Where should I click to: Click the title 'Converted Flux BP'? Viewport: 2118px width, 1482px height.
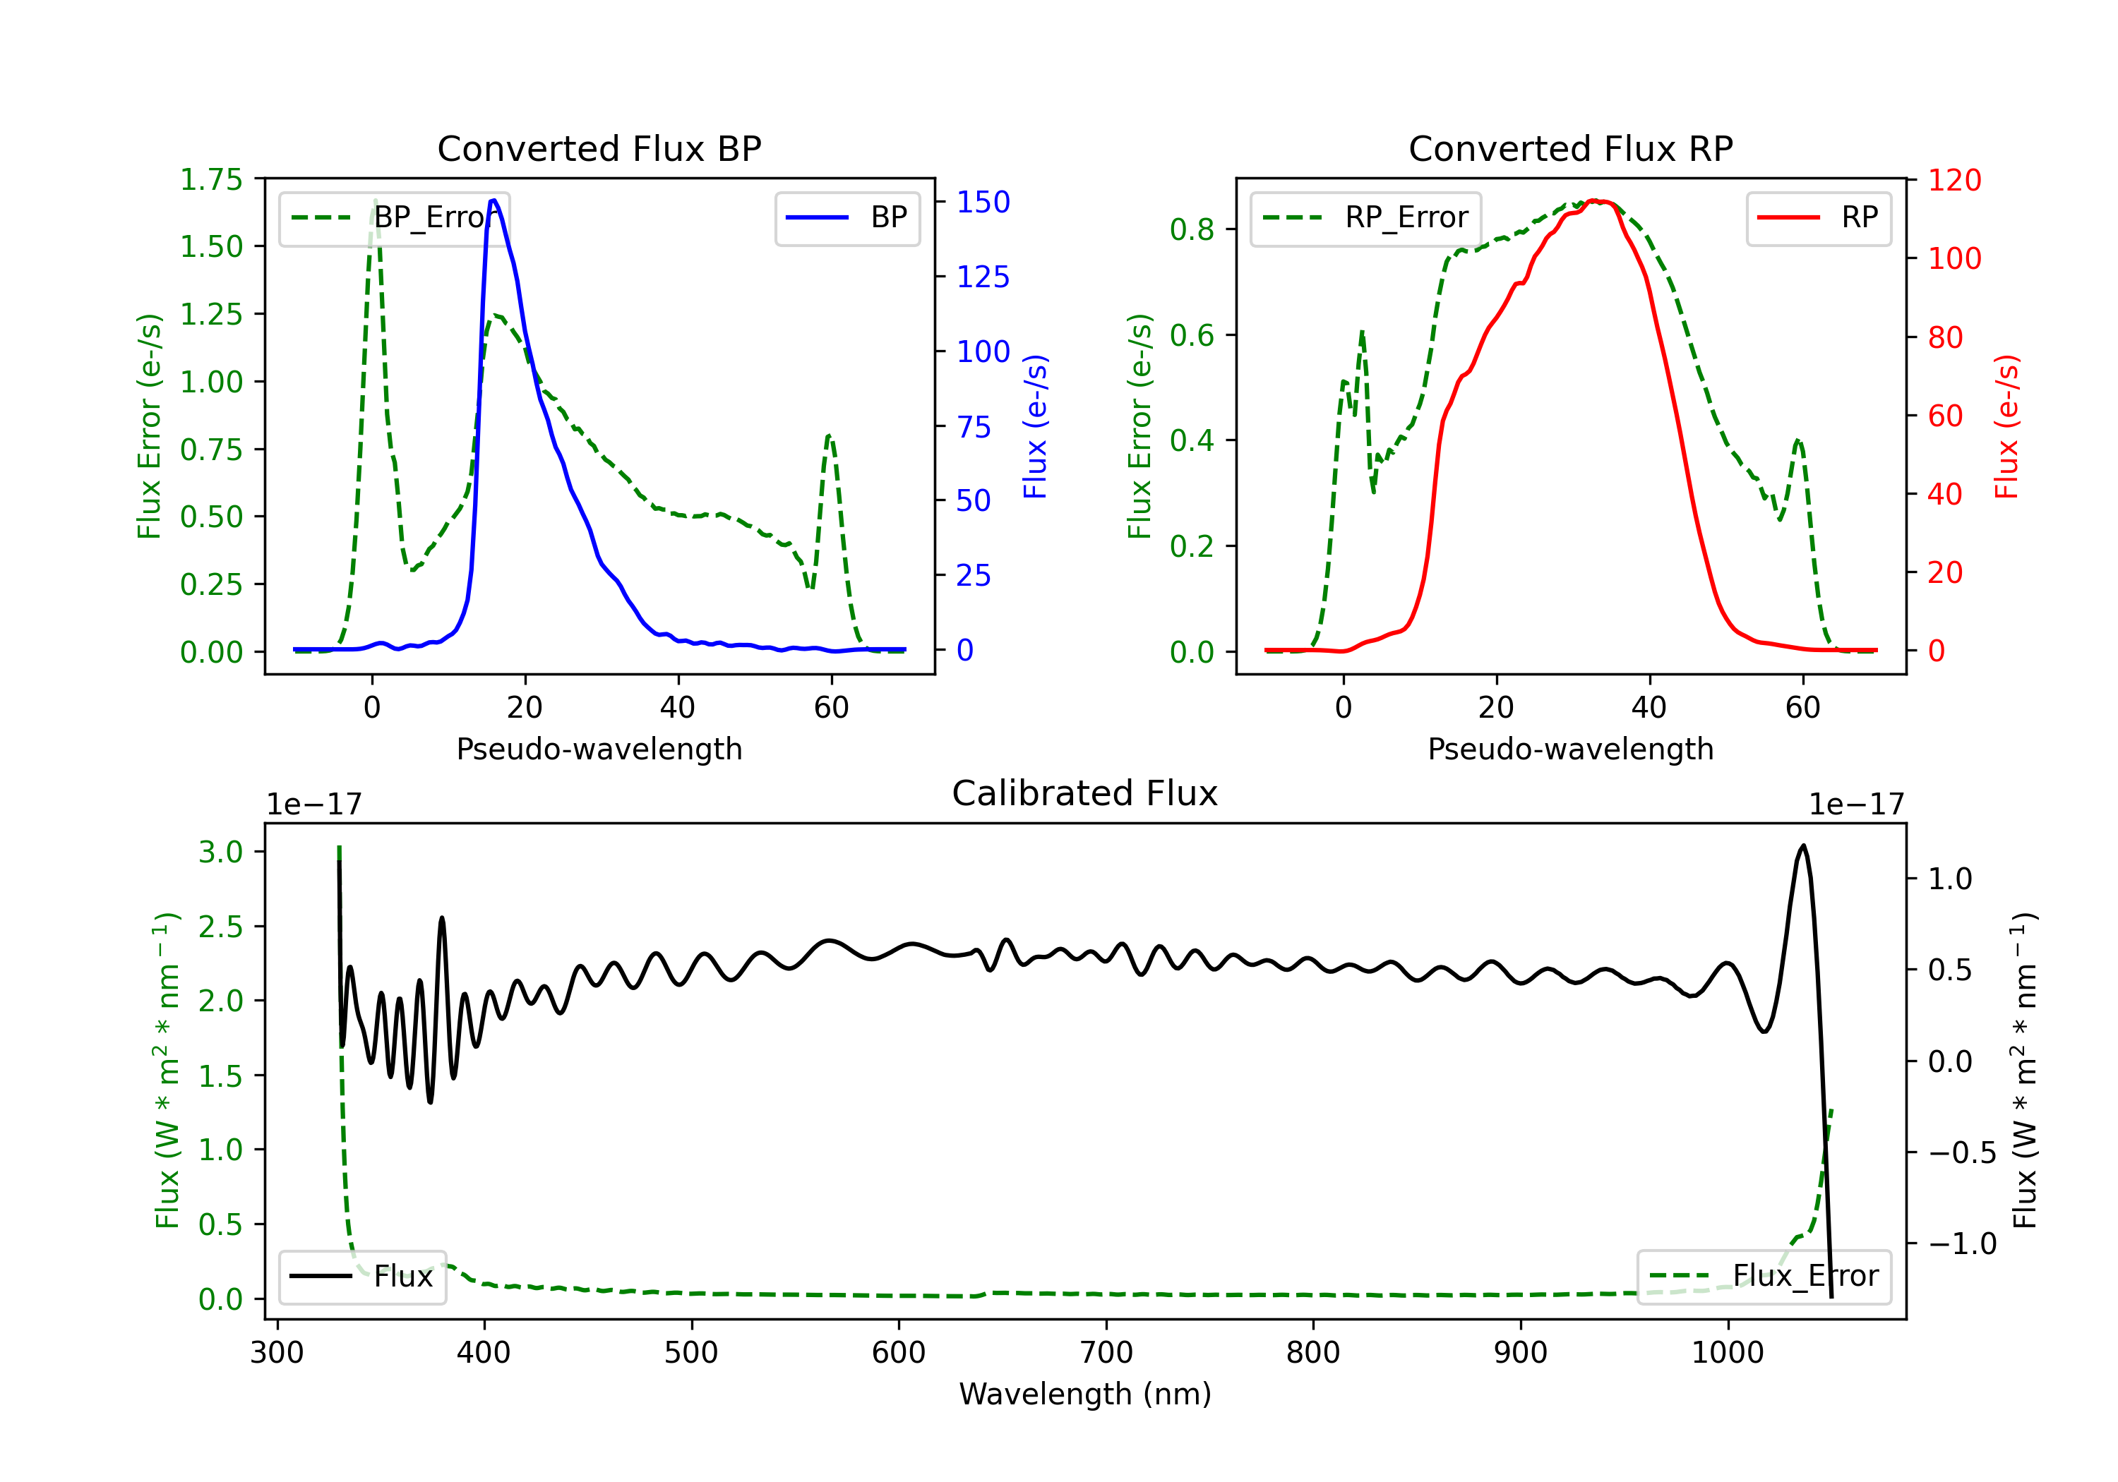(x=599, y=148)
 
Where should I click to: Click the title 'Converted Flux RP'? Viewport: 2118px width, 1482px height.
(x=1570, y=148)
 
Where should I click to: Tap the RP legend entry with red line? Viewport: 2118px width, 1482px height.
(x=1818, y=217)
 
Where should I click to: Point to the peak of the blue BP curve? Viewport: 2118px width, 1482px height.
(x=493, y=200)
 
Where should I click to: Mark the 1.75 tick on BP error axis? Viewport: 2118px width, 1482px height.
(x=211, y=179)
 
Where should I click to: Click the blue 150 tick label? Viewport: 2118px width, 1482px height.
(x=983, y=202)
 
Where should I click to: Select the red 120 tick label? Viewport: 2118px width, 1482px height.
(x=1954, y=180)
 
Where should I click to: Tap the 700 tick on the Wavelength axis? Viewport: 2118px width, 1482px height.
(x=1105, y=1352)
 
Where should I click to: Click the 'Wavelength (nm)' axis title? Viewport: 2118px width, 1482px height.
(x=1085, y=1394)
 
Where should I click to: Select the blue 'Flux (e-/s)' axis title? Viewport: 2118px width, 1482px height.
(x=1035, y=426)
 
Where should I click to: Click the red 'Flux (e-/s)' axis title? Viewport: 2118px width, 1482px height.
(x=2006, y=426)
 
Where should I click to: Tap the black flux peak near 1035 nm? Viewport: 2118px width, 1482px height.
(x=1802, y=845)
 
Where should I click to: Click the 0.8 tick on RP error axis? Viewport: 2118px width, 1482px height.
(x=1191, y=229)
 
